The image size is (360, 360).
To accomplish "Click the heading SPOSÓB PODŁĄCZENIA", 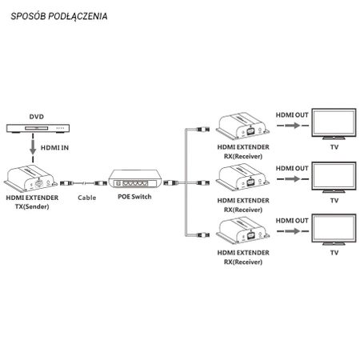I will pyautogui.click(x=61, y=16).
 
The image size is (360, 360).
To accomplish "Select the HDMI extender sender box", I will pyautogui.click(x=31, y=177).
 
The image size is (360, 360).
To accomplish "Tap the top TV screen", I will pyautogui.click(x=334, y=124).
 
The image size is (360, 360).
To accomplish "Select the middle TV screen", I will pyautogui.click(x=334, y=176).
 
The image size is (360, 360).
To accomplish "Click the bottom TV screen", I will pyautogui.click(x=334, y=230).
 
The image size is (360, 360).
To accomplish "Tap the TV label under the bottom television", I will pyautogui.click(x=334, y=253).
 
